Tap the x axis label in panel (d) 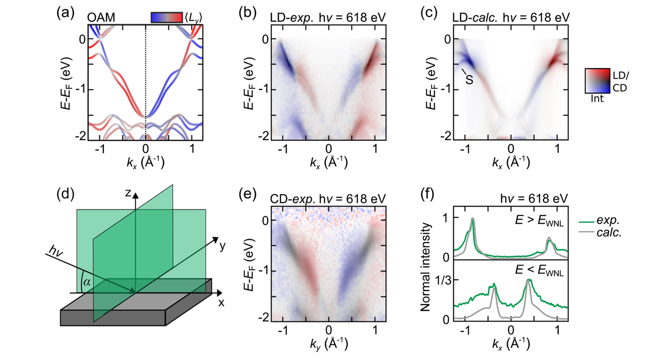pos(221,303)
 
